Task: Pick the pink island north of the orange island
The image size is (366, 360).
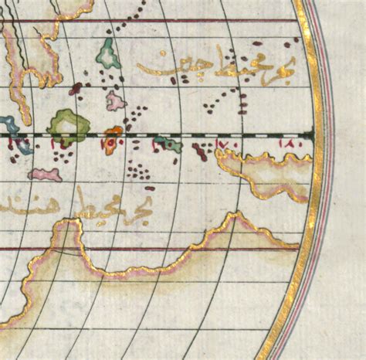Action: pos(115,100)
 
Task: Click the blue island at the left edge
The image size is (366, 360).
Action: pos(8,124)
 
